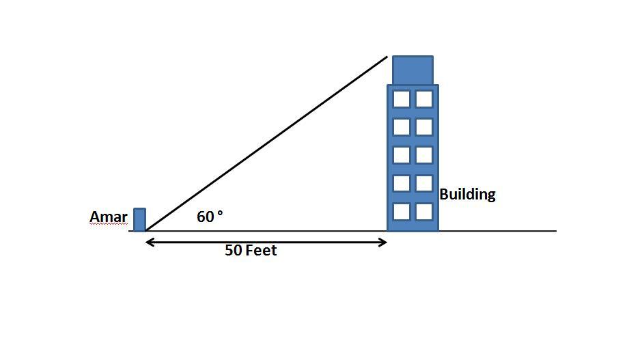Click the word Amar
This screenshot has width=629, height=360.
pyautogui.click(x=108, y=218)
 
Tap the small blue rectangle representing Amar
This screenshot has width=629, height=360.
pyautogui.click(x=139, y=220)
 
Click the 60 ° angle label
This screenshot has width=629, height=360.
pyautogui.click(x=210, y=217)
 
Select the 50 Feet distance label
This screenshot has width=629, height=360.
pyautogui.click(x=251, y=251)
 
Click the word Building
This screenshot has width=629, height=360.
pyautogui.click(x=467, y=195)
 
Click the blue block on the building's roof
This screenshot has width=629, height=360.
pyautogui.click(x=413, y=70)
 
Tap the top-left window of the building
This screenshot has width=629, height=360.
pyautogui.click(x=402, y=99)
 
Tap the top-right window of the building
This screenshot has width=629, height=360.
pyautogui.click(x=424, y=99)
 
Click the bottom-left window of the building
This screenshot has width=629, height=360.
pyautogui.click(x=402, y=211)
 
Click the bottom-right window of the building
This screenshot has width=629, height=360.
pyautogui.click(x=424, y=211)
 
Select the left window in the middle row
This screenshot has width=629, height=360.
pyautogui.click(x=402, y=155)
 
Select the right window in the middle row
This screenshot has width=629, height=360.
pyautogui.click(x=424, y=155)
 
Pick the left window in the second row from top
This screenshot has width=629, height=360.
pyautogui.click(x=402, y=127)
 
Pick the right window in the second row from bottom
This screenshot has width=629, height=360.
pyautogui.click(x=424, y=183)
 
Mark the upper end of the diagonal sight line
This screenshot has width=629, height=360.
pyautogui.click(x=387, y=57)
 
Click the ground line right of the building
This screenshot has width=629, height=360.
pyautogui.click(x=499, y=231)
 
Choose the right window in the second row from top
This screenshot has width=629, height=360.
pyautogui.click(x=424, y=127)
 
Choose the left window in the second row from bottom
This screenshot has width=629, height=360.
pyautogui.click(x=402, y=183)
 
